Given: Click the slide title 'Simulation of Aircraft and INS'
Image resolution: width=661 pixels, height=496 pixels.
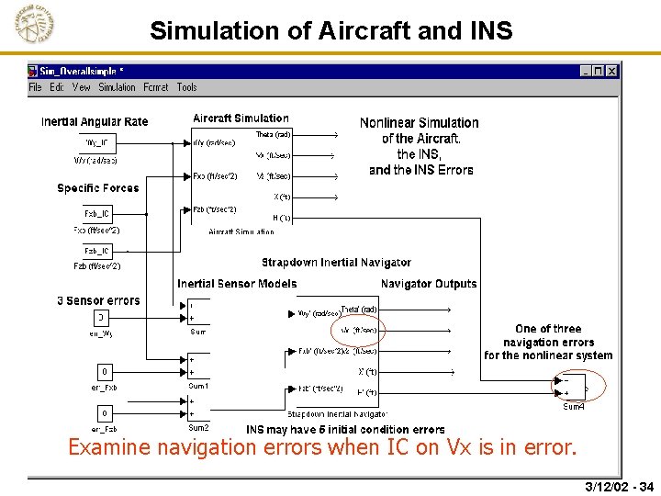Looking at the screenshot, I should (330, 30).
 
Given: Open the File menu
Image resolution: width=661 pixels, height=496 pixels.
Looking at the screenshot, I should (35, 87).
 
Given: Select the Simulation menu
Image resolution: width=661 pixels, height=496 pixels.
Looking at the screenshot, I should (117, 87).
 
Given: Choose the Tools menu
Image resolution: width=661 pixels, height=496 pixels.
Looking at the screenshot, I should (186, 87).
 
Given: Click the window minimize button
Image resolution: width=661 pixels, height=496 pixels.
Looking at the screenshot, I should (587, 71).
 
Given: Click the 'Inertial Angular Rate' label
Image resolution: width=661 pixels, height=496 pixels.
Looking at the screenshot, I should (95, 122).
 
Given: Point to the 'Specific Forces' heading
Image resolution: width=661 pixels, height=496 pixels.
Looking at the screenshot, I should (98, 188).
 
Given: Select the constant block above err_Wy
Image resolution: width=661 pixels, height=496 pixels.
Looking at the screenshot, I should (101, 318).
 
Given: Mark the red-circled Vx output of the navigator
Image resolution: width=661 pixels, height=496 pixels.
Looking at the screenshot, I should (359, 330).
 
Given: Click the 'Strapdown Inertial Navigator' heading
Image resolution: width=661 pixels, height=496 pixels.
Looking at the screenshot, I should (336, 263).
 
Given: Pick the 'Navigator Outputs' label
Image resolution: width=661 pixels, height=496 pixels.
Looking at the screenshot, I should (429, 284).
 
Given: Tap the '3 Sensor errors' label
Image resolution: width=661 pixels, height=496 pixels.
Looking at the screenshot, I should (98, 301).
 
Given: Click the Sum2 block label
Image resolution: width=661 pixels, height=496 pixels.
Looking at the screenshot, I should (198, 428).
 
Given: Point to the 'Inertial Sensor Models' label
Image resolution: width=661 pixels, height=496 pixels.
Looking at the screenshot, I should (237, 284).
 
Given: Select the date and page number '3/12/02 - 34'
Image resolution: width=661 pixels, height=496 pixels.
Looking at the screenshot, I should (619, 487).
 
